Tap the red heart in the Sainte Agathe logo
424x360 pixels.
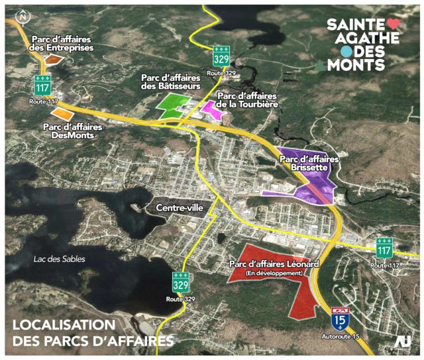(x=393, y=23)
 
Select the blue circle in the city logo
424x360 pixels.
(x=345, y=51)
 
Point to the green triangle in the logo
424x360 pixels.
(x=321, y=66)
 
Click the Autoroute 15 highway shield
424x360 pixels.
(x=341, y=318)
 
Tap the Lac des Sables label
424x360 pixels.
(x=59, y=259)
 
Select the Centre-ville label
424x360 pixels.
(x=179, y=208)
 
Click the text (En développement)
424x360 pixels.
(x=274, y=273)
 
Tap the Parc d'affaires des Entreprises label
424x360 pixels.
(x=60, y=43)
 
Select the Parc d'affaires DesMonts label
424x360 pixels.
(x=71, y=130)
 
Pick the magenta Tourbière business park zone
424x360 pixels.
(x=213, y=108)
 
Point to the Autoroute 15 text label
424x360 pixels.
(x=340, y=338)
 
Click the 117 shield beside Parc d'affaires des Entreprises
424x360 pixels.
(x=44, y=84)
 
